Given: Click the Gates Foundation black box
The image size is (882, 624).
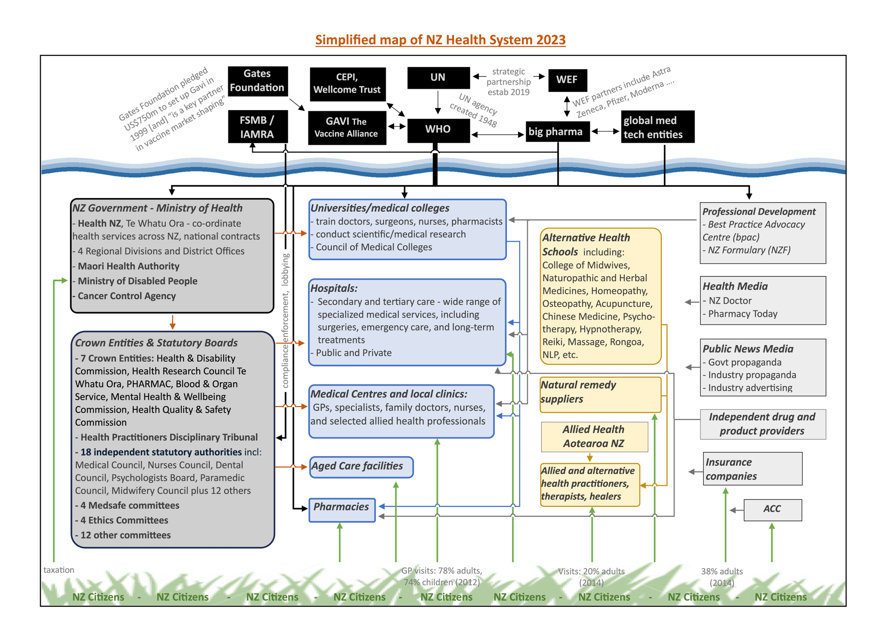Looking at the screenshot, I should (257, 81).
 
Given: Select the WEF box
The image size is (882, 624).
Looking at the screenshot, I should (567, 80).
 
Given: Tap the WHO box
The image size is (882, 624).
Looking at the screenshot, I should (438, 129).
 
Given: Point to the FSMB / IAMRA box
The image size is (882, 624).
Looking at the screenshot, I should (257, 127).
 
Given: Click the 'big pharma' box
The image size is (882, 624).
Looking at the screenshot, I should (557, 132).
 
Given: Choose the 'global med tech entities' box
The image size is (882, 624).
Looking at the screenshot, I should (657, 127).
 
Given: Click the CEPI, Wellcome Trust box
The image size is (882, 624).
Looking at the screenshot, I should (347, 84).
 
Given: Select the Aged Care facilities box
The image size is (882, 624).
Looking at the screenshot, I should (361, 467).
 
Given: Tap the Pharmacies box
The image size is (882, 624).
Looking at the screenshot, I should (342, 509).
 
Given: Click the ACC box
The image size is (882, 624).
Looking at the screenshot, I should (772, 509).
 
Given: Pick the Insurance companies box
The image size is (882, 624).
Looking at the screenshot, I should (752, 469).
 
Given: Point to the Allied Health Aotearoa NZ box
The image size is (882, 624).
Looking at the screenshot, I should (594, 436).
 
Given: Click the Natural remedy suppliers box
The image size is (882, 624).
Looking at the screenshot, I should (600, 394).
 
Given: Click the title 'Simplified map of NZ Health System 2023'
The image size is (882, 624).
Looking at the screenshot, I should (440, 40).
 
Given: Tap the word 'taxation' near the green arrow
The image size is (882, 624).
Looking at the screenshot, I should (58, 570).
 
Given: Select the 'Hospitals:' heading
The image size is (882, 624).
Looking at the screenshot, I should (334, 288).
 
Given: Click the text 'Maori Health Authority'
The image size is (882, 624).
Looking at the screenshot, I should (129, 266).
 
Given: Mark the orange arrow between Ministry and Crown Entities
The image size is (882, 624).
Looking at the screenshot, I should (172, 322).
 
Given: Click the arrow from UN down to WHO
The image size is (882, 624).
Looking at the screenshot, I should (438, 102).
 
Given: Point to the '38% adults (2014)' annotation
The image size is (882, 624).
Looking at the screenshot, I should (722, 577).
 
